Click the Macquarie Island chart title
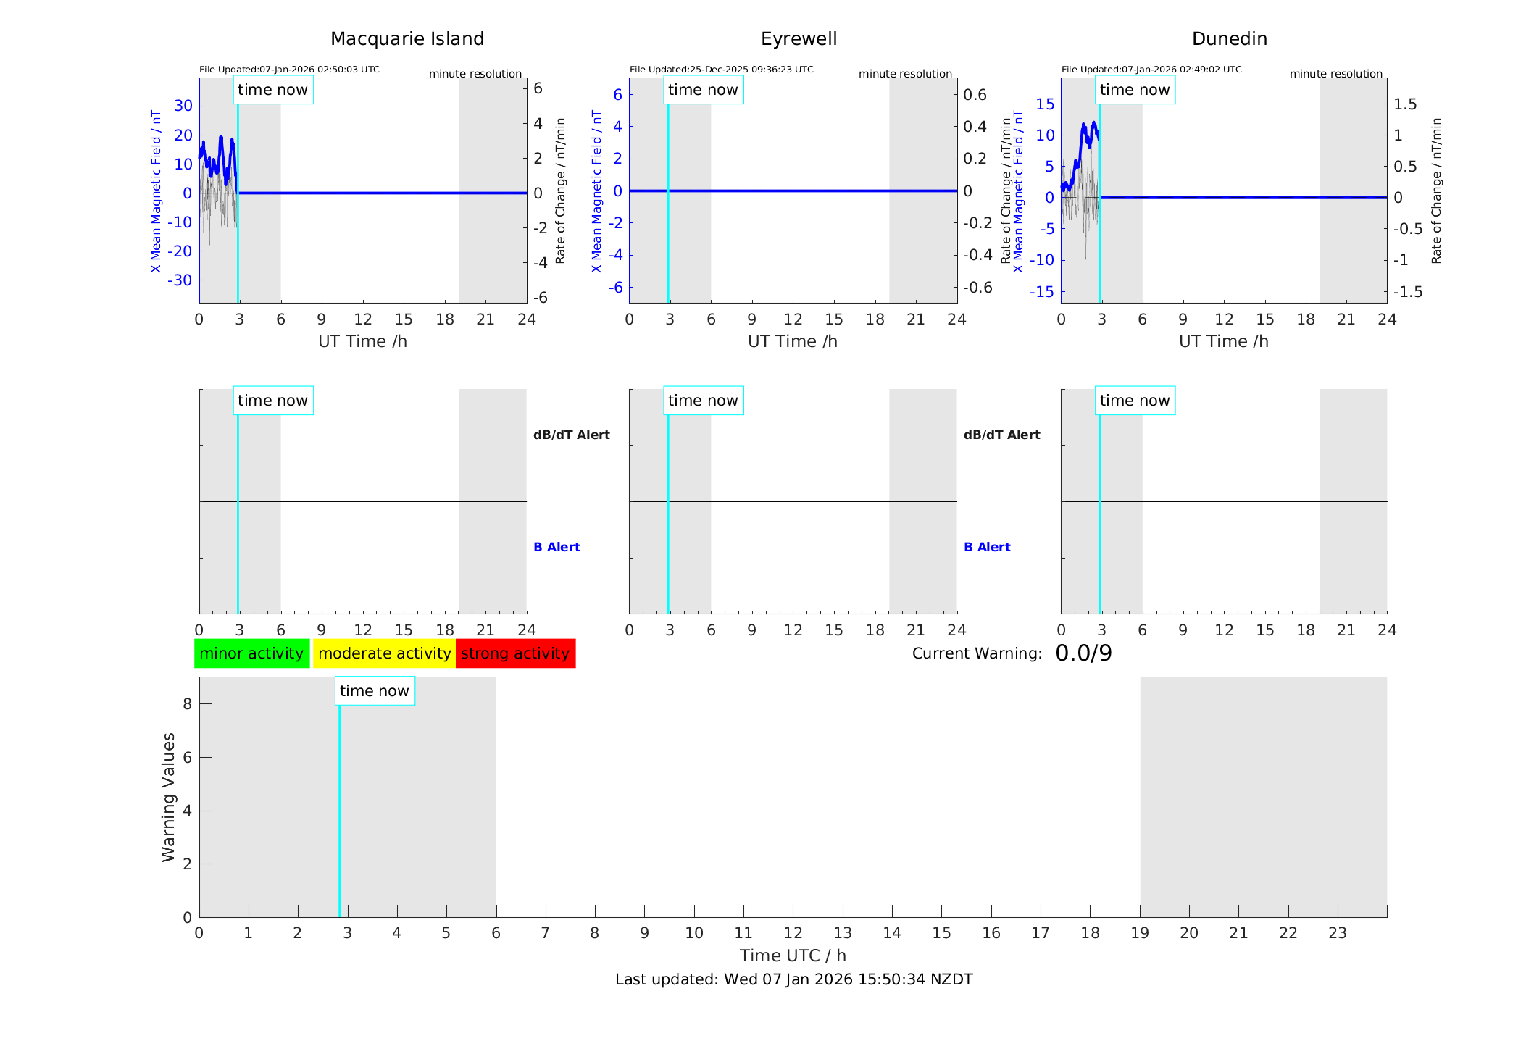(x=407, y=39)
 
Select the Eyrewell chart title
(x=799, y=39)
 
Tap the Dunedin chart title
(x=1229, y=39)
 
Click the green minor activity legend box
(x=251, y=653)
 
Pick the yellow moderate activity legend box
(x=384, y=653)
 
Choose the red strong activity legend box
(x=515, y=653)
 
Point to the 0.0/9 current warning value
(x=1083, y=653)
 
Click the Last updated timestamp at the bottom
(x=793, y=979)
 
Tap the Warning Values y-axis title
(x=169, y=797)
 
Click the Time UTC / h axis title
(x=793, y=956)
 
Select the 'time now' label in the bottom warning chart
(x=375, y=691)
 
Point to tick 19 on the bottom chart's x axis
(x=1140, y=933)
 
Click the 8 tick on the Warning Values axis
(x=187, y=704)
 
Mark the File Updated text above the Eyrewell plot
(x=721, y=70)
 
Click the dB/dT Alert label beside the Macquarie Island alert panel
(x=571, y=435)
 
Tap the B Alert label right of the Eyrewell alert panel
(x=987, y=547)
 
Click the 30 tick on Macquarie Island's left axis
(x=183, y=106)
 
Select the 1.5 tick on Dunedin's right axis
(x=1405, y=104)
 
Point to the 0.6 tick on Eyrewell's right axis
(x=975, y=95)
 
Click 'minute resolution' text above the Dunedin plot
(x=1335, y=74)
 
